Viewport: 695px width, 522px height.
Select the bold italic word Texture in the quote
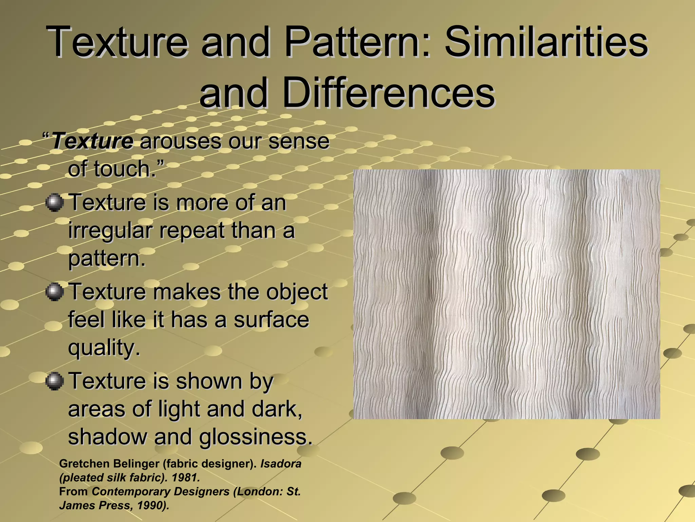[93, 141]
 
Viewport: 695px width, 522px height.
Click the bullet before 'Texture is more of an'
[54, 203]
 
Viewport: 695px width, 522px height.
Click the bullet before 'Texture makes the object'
[54, 292]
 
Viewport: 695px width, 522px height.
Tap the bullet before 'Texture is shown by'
[54, 381]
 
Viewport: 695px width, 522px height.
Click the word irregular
[110, 231]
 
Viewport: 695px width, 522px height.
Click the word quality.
[104, 348]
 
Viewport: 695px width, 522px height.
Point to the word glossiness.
[255, 437]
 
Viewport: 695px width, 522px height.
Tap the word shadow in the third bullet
[107, 437]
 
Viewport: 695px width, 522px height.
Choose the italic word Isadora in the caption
[281, 464]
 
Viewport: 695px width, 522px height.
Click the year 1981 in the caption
[185, 478]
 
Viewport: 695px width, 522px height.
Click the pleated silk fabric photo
[507, 294]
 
